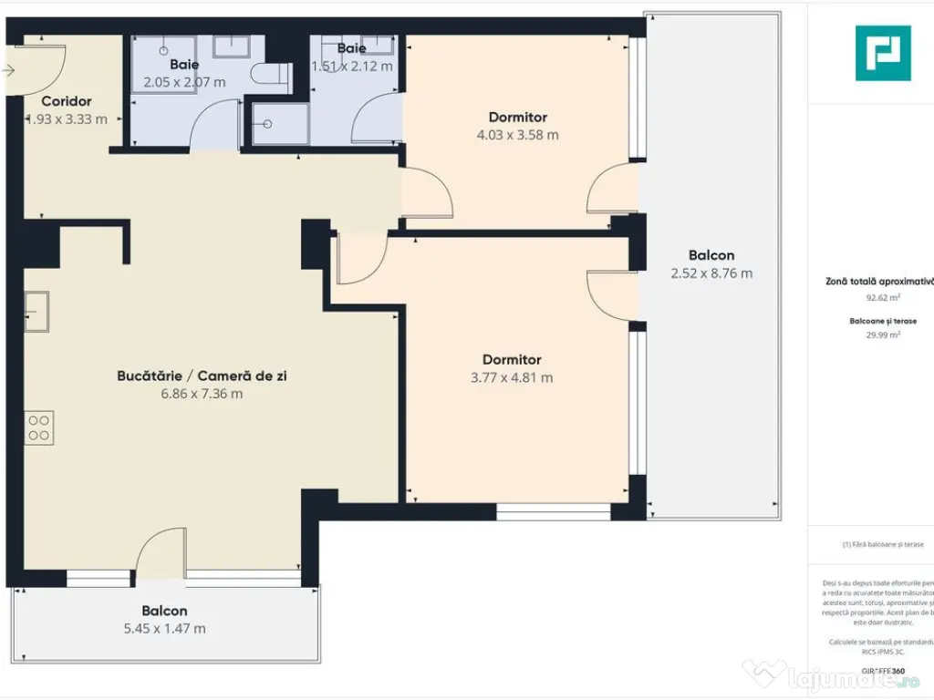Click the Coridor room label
tap(67, 101)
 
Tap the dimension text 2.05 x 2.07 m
tap(184, 82)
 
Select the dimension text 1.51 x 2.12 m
tap(352, 66)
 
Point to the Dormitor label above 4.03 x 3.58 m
tap(517, 117)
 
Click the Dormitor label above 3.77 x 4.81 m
tap(512, 359)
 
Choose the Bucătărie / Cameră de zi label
tap(202, 376)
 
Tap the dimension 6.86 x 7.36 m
tap(202, 394)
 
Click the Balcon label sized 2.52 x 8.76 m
tap(711, 255)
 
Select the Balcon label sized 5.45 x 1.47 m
tap(164, 611)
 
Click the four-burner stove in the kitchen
tap(39, 427)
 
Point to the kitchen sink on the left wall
tap(36, 311)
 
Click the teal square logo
tap(882, 53)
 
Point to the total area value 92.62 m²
tap(883, 297)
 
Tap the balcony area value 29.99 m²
tap(883, 335)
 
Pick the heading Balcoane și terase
tap(883, 321)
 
